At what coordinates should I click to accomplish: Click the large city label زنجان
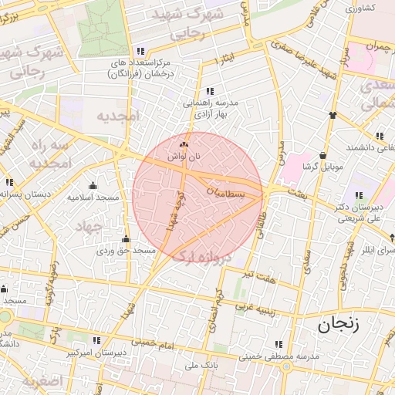pyautogui.click(x=339, y=326)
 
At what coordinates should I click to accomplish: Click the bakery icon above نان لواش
pyautogui.click(x=183, y=144)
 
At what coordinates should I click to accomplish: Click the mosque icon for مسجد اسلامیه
pyautogui.click(x=93, y=185)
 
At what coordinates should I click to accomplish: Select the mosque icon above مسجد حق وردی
pyautogui.click(x=126, y=238)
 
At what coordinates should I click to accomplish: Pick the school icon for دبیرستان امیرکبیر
pyautogui.click(x=96, y=339)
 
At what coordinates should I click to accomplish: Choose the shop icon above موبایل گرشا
pyautogui.click(x=322, y=154)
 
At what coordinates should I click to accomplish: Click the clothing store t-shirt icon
pyautogui.click(x=333, y=115)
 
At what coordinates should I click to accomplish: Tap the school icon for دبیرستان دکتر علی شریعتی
pyautogui.click(x=358, y=196)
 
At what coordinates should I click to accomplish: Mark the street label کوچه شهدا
pyautogui.click(x=174, y=210)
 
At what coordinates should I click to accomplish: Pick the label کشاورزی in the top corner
pyautogui.click(x=360, y=8)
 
